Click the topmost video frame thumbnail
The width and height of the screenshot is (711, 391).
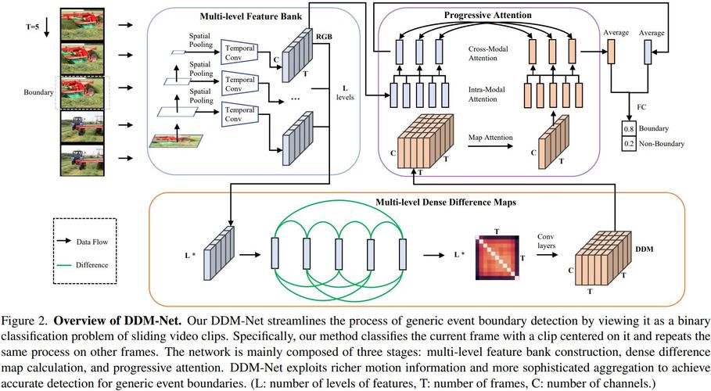[82, 24]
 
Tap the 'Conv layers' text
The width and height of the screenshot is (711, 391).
[544, 240]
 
